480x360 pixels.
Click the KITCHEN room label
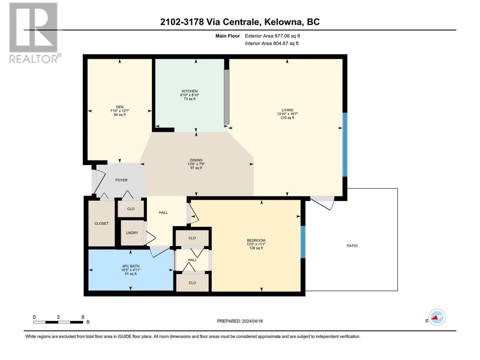coord(190,91)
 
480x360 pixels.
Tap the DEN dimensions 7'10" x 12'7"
coord(120,111)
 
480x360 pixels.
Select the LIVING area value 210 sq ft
coord(287,118)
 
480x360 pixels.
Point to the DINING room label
coord(196,160)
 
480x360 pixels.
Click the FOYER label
coord(121,180)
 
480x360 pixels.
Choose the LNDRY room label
coord(132,233)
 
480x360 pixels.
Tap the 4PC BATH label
coord(131,266)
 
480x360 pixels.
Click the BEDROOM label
coord(256,240)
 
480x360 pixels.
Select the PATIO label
coord(352,246)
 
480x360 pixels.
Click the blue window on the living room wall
coord(345,144)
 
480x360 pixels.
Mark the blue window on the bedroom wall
coord(303,242)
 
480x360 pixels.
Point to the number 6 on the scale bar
coord(82,317)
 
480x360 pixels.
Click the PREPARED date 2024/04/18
coord(252,321)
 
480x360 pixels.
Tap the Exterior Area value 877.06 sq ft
coord(286,36)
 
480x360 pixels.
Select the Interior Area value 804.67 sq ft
coord(286,43)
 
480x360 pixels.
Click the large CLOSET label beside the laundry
coord(102,223)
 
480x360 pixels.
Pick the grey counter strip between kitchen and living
coord(226,97)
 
